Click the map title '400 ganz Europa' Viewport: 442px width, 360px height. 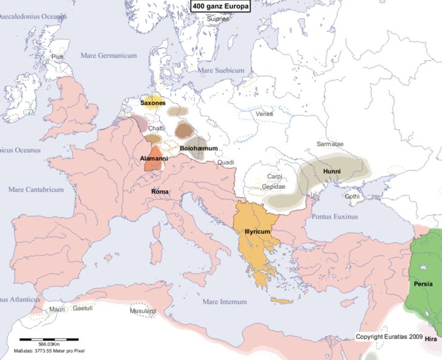point(220,7)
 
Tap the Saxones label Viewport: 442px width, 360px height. point(153,103)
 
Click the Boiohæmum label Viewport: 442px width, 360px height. point(199,148)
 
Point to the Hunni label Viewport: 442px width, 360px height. point(331,172)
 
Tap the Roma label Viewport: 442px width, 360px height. point(160,191)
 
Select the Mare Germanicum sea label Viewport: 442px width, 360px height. point(109,56)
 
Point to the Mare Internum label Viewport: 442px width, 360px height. point(225,302)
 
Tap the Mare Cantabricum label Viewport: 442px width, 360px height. point(36,189)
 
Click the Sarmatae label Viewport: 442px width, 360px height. point(330,144)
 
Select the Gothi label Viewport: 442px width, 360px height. point(352,197)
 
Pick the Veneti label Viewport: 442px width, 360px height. point(264,114)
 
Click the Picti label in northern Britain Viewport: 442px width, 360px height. point(58,56)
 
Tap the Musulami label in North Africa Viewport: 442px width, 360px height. point(143,311)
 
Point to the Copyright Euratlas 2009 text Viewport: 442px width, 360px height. point(389,336)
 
